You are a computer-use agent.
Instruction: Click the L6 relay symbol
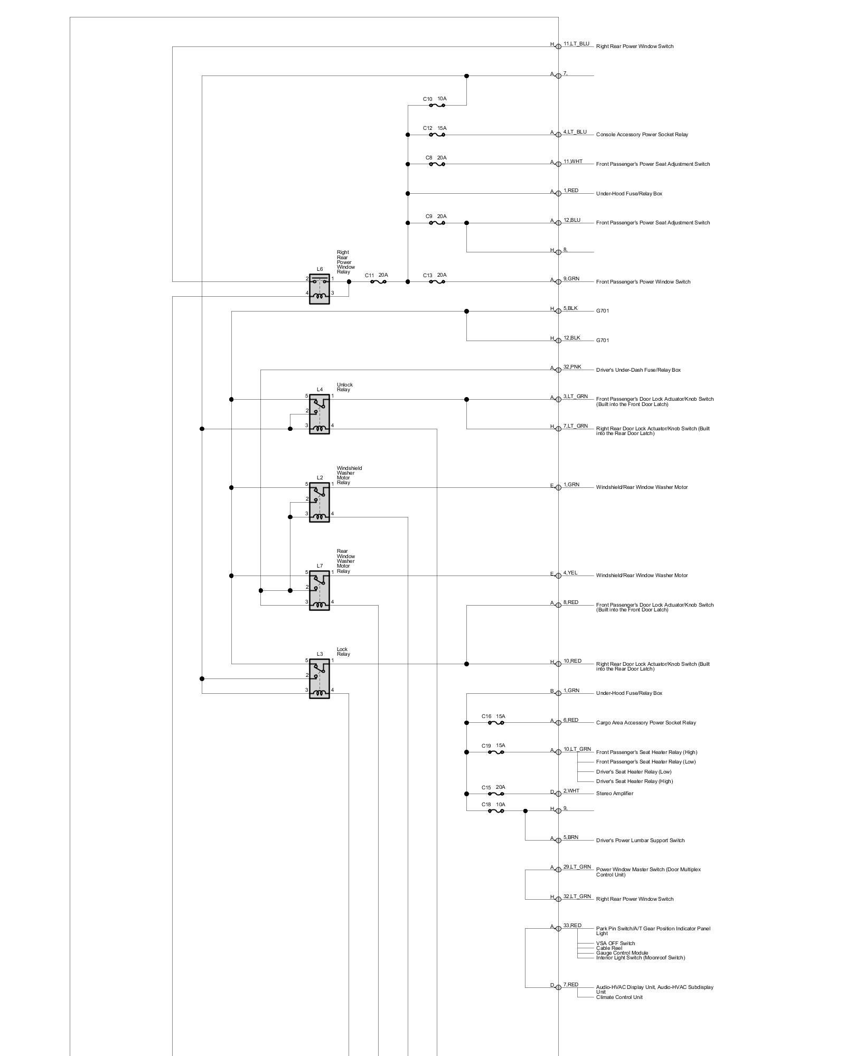coord(319,289)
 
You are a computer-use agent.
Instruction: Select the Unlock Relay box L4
coord(319,414)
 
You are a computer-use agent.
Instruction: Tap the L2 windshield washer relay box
coord(319,502)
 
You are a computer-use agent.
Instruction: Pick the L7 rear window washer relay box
coord(319,590)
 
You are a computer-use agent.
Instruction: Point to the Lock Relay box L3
coord(319,678)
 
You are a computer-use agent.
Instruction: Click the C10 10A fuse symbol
coord(437,105)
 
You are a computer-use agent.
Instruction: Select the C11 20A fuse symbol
coord(378,282)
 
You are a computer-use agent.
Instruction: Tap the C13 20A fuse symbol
coord(437,282)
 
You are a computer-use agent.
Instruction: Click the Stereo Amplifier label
coord(614,794)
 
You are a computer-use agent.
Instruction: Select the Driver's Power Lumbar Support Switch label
coord(640,841)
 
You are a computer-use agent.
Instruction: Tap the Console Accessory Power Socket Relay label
coord(642,135)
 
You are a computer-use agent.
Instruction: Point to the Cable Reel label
coord(609,948)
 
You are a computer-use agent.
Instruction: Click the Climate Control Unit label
coord(619,997)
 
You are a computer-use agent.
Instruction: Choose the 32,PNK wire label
coord(572,366)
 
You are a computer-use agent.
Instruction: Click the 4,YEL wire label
coord(570,572)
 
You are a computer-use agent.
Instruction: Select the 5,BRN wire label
coord(570,837)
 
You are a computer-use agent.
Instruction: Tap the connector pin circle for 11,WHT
coord(558,164)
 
